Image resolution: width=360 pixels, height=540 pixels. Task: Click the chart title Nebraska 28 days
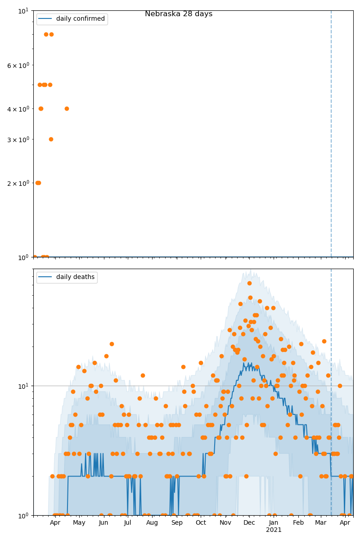tap(179, 14)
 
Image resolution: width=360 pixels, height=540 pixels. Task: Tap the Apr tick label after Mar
tap(345, 522)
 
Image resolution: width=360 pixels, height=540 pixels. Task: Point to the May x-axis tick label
tap(79, 522)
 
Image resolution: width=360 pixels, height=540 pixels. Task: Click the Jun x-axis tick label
tap(103, 522)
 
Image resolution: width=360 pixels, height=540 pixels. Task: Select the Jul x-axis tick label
tap(127, 522)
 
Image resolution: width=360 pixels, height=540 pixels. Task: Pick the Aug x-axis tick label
tap(152, 522)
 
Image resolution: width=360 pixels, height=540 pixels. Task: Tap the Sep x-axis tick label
tap(177, 522)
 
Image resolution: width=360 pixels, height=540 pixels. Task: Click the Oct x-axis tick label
tap(201, 522)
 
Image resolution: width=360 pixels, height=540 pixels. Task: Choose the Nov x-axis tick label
tap(225, 522)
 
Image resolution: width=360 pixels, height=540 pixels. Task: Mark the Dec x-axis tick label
tap(249, 522)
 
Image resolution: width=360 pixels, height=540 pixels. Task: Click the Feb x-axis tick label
tap(298, 522)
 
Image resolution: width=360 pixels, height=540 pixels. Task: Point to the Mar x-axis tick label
tap(320, 522)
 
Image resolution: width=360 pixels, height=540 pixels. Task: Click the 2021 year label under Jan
tap(274, 530)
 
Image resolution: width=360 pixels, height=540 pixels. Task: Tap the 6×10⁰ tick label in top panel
tap(18, 65)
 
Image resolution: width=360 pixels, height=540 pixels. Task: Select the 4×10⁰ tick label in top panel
tap(18, 108)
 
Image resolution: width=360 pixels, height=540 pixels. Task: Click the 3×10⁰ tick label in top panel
tap(18, 139)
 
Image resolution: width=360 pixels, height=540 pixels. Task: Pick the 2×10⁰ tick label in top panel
tap(18, 183)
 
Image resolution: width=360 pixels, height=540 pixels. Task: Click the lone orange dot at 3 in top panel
tap(51, 139)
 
